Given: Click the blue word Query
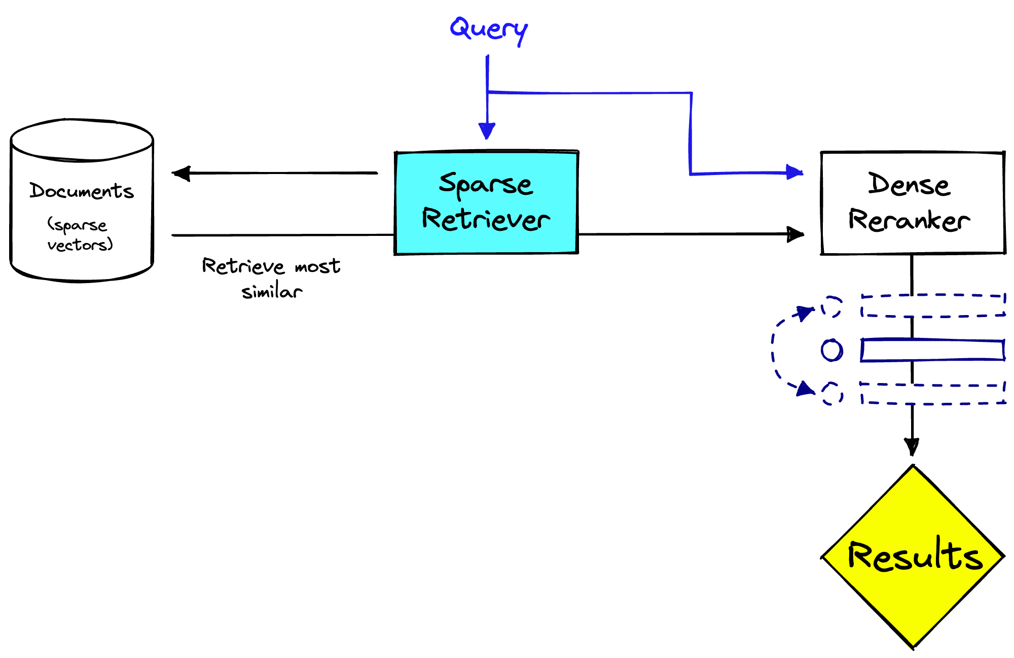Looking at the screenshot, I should (488, 29).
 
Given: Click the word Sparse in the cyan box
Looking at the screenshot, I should (486, 184).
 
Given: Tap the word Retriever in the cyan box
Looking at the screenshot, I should (486, 219).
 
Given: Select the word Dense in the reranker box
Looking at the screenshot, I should (909, 185).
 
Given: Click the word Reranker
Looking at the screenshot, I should (909, 220).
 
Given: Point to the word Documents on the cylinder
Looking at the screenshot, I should (81, 191).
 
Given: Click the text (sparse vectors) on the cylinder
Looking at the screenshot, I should (79, 235).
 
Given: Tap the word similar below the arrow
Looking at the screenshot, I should (272, 292).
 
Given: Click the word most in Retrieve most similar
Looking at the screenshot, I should (317, 266).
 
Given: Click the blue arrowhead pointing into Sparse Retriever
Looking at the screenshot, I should (487, 131).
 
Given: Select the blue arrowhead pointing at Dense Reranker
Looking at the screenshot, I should (794, 172).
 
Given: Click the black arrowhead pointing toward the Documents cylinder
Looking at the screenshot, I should (181, 174).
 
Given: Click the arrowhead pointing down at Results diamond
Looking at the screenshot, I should (912, 446).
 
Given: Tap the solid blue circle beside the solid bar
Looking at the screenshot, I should (832, 350).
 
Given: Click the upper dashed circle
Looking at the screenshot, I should (831, 307).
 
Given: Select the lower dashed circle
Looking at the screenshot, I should (832, 394).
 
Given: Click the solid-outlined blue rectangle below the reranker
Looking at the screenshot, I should (933, 351).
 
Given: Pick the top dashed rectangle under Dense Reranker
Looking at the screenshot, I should (933, 306).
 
